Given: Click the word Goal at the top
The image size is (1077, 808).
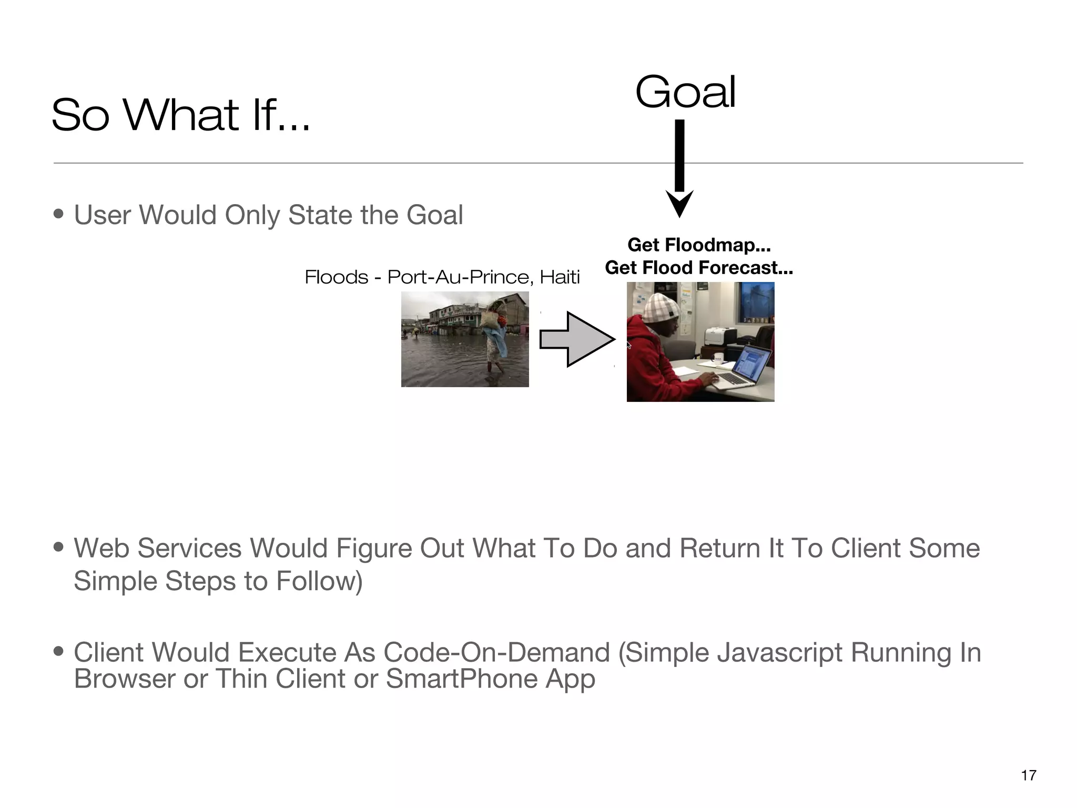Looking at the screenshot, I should pos(685,93).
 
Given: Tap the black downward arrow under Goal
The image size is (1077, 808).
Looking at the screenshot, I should pos(679,168).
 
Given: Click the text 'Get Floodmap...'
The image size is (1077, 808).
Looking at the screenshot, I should pos(698,245).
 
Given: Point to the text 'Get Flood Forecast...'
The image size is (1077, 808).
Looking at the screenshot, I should pos(698,268).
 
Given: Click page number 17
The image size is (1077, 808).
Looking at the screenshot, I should pos(1028,775).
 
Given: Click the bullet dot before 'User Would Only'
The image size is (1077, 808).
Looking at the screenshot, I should pos(59,215).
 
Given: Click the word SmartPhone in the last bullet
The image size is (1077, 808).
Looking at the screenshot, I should pos(461,679).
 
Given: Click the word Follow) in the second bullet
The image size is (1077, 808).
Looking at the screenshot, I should pos(319,581).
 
